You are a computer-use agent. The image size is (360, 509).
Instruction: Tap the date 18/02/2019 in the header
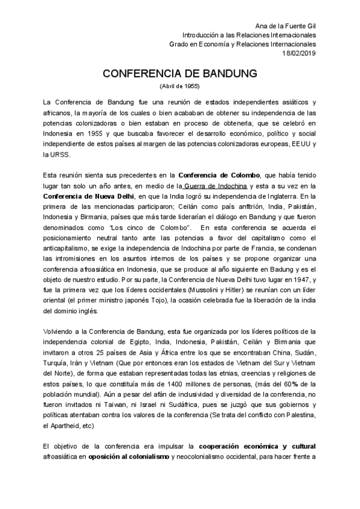pyautogui.click(x=299, y=53)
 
